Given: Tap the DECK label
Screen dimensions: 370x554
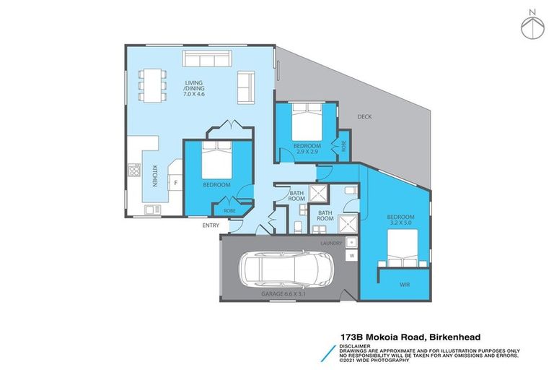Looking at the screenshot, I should pos(364,116).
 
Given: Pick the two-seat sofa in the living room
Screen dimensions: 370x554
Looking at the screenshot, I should pos(246,87).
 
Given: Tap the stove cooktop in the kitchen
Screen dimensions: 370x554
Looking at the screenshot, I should pos(133,171).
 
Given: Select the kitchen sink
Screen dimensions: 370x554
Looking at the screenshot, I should pos(152,210).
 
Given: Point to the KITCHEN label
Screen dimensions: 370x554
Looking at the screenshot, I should pos(154,176).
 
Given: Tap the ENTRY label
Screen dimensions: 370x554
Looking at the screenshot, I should pos(211,225).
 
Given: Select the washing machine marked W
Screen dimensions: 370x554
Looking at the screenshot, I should pos(351,257).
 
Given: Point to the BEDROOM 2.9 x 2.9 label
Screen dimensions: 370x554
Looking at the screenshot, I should pos(307,149).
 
